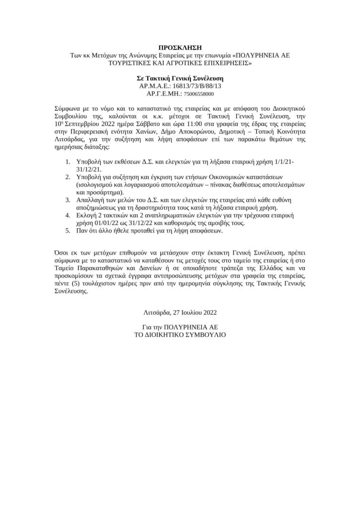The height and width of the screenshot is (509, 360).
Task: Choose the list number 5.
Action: [68, 231]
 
